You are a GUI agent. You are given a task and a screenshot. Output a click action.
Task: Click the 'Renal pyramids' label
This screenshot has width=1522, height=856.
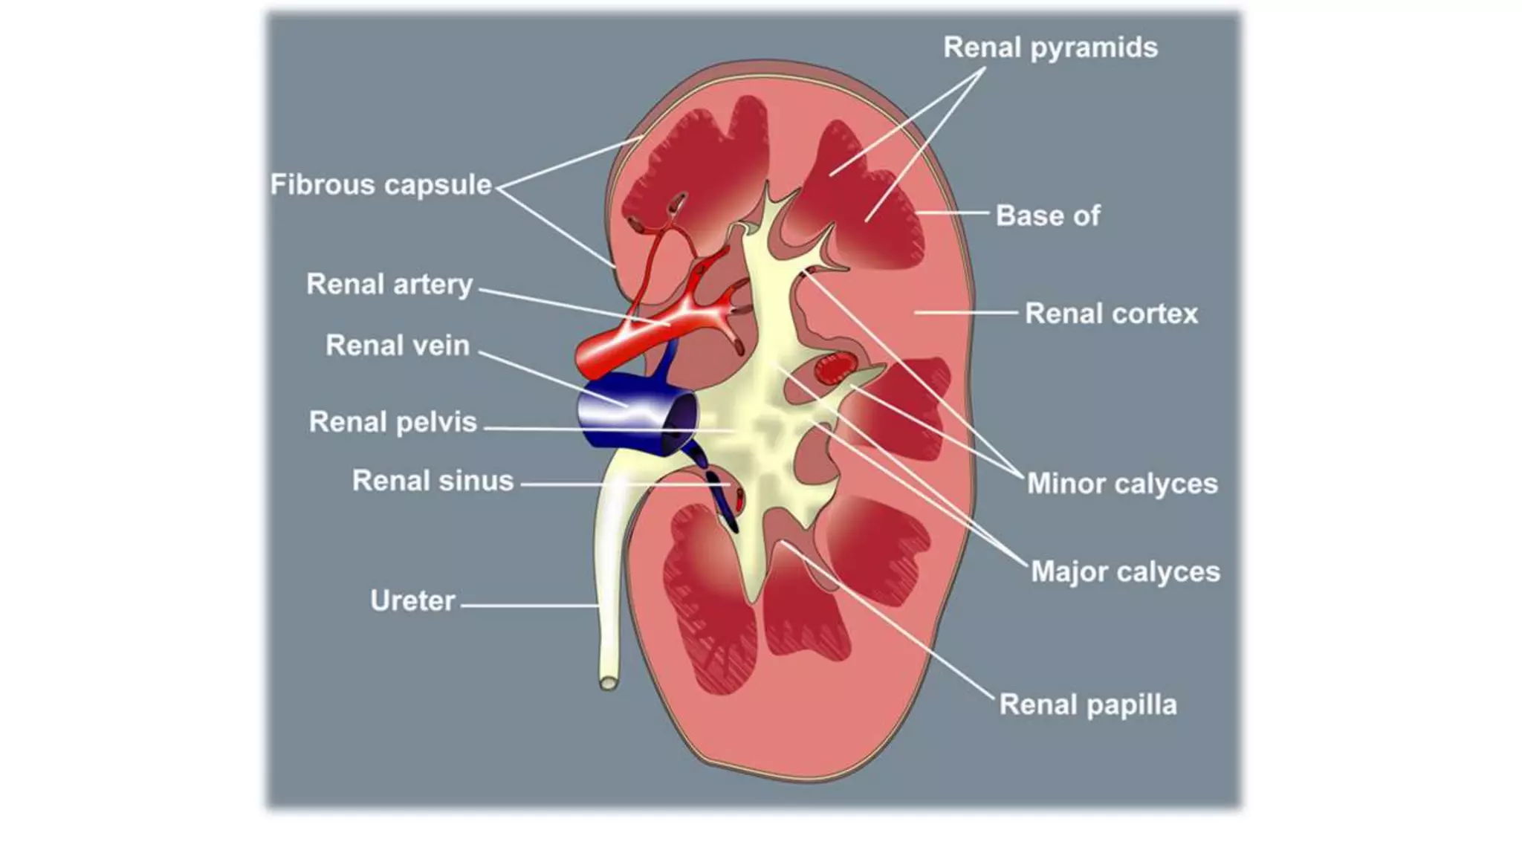coord(1050,48)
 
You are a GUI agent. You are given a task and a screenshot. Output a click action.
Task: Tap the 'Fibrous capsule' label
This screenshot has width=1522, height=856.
coord(380,184)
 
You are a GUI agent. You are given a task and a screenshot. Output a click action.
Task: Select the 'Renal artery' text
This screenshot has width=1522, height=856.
coord(389,284)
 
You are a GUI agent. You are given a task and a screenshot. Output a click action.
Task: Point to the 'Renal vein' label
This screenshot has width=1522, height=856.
coord(398,346)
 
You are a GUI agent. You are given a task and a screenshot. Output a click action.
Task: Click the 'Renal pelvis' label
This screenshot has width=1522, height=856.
coord(392,422)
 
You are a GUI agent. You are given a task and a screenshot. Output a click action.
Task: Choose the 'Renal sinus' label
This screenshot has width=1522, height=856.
coord(433,481)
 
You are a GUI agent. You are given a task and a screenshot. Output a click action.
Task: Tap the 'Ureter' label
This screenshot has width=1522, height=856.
coord(412,600)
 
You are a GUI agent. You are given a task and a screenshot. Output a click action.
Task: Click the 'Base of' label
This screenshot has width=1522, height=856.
coord(1047,215)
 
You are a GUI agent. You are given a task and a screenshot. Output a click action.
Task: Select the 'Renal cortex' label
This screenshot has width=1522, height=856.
coord(1111,314)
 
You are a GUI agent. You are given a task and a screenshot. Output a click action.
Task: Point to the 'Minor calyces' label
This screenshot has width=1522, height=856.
coord(1122,484)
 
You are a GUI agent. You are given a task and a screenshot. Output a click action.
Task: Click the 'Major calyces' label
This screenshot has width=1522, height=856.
coord(1125,571)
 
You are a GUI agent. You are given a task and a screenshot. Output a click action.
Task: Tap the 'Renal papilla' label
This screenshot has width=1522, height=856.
coord(1087,704)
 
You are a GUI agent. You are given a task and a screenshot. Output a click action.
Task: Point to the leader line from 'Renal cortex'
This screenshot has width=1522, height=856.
coord(966,313)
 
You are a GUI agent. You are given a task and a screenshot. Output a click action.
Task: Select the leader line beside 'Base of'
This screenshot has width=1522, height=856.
coord(954,213)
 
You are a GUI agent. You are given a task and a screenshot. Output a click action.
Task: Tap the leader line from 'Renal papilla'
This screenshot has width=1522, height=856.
coord(892,624)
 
